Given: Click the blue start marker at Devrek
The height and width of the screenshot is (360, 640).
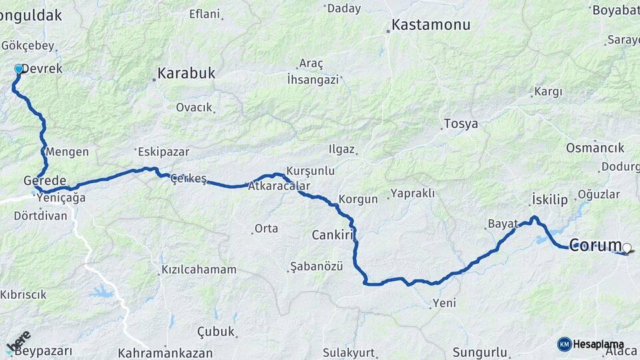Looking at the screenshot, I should tap(19, 69).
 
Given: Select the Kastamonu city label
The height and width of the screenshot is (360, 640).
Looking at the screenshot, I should tap(431, 25).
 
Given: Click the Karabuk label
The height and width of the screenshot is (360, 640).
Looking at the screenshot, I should tap(186, 73).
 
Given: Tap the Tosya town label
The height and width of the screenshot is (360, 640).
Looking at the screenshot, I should tap(461, 124).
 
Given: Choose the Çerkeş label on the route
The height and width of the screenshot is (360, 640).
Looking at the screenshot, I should tap(189, 179).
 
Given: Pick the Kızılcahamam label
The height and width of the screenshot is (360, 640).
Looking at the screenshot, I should tap(199, 270).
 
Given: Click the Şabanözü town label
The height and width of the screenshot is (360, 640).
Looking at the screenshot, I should tap(316, 267).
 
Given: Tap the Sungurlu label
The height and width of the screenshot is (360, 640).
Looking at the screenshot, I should tap(479, 352).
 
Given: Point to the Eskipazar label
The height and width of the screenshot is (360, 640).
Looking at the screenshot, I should tap(159, 151).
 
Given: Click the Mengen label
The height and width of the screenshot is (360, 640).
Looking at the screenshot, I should tap(67, 152).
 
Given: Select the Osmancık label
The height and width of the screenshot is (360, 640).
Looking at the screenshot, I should tap(595, 148).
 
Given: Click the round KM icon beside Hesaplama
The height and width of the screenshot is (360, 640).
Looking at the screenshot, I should tap(564, 344).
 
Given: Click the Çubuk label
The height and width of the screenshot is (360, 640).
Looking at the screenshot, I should tap(216, 331).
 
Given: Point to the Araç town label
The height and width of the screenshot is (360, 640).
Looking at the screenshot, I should tap(311, 64).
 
